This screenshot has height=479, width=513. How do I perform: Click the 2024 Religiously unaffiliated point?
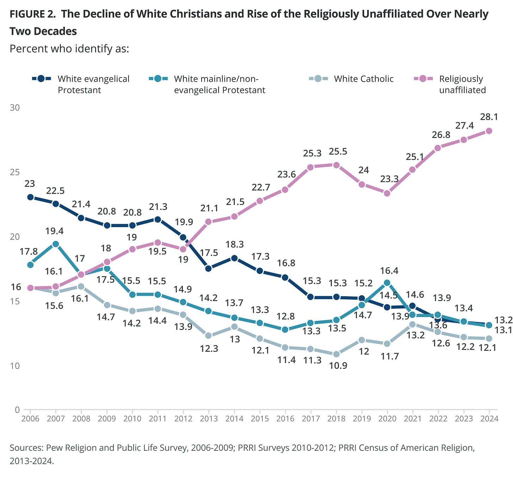coord(489,131)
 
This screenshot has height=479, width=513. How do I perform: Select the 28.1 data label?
coord(489,117)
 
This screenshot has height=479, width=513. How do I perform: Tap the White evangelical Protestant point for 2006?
coord(30,197)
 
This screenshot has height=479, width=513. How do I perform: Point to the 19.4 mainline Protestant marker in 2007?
coord(56,244)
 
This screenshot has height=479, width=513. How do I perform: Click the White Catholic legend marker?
coord(318,79)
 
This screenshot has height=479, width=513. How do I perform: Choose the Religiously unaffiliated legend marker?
coord(423,79)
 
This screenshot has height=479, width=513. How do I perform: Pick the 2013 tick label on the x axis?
coord(209,418)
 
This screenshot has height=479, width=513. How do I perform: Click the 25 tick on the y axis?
coord(14,172)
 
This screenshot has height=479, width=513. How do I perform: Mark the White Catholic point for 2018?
coord(336,354)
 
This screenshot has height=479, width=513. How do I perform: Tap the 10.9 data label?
coord(338,366)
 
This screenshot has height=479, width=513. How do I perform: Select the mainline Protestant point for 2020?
coord(387,282)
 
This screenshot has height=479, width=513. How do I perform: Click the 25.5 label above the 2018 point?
coord(338,151)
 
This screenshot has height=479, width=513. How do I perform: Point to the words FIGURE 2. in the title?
coord(32,14)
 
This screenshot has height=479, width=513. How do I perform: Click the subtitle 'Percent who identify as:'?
coord(69,48)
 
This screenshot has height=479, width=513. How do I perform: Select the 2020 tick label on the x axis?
coord(387,418)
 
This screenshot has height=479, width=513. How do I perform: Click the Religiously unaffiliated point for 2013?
coord(209,222)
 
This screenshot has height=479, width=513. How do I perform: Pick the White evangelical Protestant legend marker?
coord(41,79)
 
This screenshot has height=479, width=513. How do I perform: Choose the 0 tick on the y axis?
coord(17,410)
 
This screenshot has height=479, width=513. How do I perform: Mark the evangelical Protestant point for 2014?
coord(234,258)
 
